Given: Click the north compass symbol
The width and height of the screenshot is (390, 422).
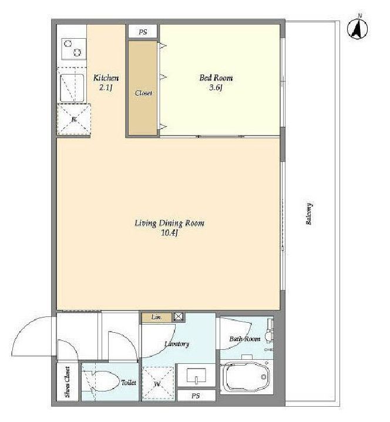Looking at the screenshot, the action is click(358, 29).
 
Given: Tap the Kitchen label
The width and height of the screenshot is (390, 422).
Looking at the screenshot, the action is click(106, 78).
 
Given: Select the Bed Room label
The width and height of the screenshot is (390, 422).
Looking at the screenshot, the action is click(216, 78).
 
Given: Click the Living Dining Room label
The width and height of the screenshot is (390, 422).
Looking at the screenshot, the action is click(169, 223).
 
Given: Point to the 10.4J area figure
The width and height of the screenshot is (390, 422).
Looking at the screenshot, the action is click(169, 233).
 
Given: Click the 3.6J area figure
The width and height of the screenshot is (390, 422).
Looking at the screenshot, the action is click(216, 87).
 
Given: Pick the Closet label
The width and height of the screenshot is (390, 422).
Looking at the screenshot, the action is click(143, 93).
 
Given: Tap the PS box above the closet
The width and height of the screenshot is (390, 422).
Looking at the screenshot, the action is click(143, 32).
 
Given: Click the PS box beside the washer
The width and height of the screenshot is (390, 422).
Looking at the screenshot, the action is click(196, 396).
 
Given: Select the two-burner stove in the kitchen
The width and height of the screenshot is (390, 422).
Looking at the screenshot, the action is click(74, 49).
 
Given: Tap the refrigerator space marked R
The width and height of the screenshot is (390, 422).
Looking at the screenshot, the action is click(74, 119).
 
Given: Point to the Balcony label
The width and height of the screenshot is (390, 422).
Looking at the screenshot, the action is click(309, 214).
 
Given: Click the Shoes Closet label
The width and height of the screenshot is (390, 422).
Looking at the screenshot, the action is click(68, 382).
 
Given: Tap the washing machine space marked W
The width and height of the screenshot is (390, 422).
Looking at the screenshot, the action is click(157, 383).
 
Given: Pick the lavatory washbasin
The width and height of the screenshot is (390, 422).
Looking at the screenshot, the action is click(196, 376).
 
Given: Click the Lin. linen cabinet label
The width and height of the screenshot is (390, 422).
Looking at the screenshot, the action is click(157, 317).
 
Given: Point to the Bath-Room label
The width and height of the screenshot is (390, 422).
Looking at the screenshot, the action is click(245, 339).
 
